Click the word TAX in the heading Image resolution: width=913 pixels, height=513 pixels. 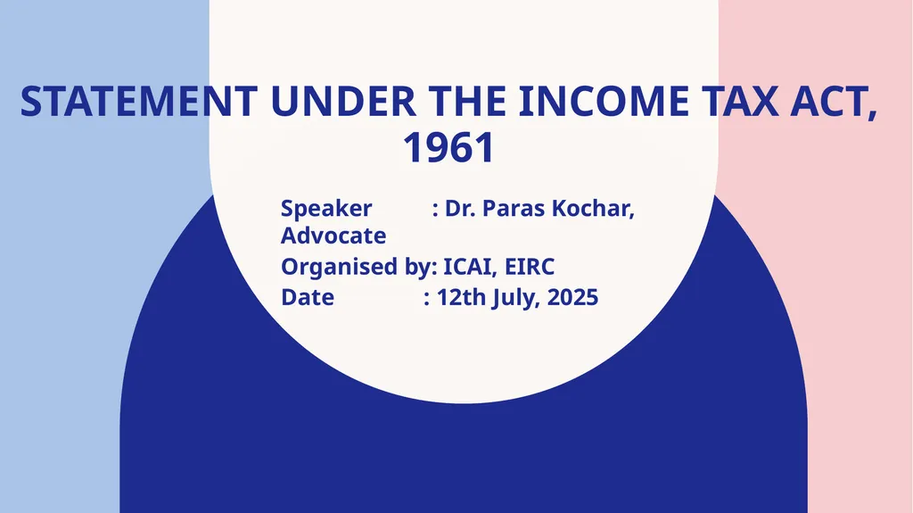pyautogui.click(x=736, y=103)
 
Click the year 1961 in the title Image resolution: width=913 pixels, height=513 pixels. pyautogui.click(x=448, y=149)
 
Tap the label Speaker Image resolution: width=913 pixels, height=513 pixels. pyautogui.click(x=326, y=209)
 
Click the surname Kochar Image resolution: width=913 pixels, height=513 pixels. pyautogui.click(x=597, y=209)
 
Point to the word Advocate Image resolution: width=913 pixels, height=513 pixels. pyautogui.click(x=333, y=236)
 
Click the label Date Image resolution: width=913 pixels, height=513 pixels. pyautogui.click(x=308, y=297)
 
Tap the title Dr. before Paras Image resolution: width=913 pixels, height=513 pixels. pyautogui.click(x=461, y=209)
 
